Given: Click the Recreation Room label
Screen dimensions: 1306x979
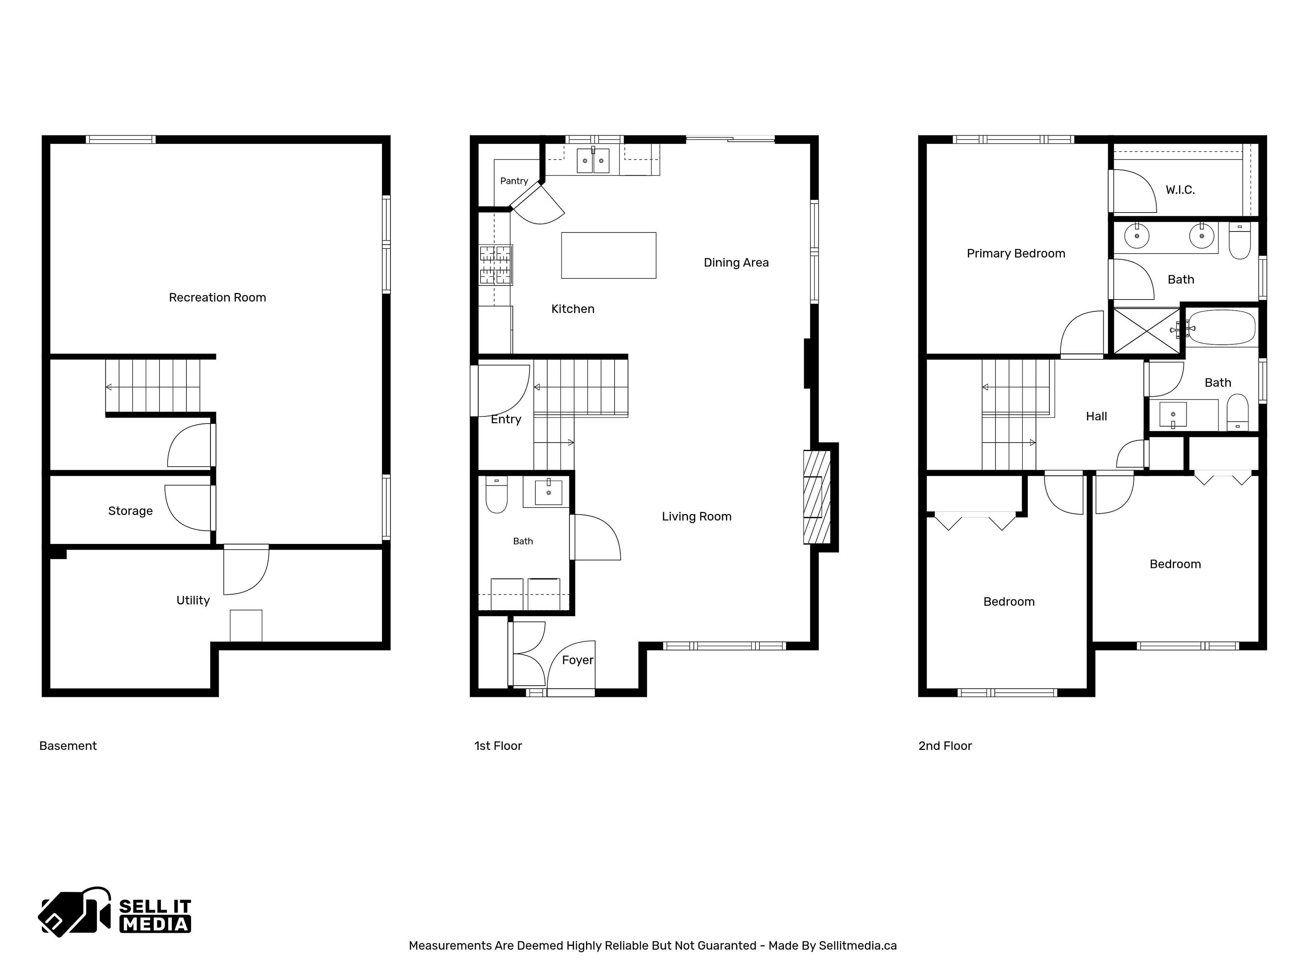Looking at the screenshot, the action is [x=217, y=297].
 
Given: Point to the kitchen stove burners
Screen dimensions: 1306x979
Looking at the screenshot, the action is [x=495, y=265].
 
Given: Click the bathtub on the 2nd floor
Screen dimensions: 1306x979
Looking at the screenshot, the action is [x=1221, y=327].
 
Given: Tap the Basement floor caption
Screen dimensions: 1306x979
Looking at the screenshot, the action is [x=68, y=746].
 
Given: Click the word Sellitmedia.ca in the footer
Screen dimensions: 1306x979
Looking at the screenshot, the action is [x=857, y=945].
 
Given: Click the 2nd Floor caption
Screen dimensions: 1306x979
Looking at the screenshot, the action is [x=945, y=746].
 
